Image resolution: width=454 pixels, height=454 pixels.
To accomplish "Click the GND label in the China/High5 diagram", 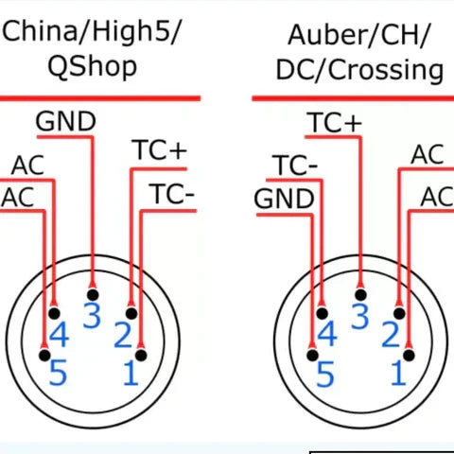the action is (65, 121).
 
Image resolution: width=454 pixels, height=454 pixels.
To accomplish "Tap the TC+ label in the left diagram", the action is (160, 150).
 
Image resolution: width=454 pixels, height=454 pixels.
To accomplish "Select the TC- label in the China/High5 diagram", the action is (172, 194).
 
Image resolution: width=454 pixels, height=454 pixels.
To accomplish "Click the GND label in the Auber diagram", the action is (284, 199).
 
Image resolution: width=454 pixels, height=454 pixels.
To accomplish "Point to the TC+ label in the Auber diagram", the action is (335, 122).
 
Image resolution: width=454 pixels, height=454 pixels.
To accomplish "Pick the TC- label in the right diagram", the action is (295, 166).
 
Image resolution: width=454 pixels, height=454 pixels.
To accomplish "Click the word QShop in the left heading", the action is (92, 67).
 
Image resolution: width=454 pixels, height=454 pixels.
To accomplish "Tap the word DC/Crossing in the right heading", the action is (359, 70).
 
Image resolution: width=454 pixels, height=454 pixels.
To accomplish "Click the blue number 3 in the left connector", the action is (92, 316).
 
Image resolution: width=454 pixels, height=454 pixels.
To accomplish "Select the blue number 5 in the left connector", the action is (58, 374).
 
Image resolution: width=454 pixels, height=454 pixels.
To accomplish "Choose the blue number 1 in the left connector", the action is (131, 374).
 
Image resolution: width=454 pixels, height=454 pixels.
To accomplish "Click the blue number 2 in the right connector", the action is (391, 335).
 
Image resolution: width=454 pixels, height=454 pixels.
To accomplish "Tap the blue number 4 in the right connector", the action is (327, 334).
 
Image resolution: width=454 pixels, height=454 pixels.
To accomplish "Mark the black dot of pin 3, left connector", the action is (93, 295).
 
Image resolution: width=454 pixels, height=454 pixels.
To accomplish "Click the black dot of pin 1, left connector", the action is (141, 356).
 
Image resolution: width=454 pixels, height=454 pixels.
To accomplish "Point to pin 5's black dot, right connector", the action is (312, 356).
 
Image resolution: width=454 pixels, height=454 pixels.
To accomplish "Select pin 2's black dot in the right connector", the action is (399, 314).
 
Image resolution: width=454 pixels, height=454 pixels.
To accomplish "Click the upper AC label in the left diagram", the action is (27, 166).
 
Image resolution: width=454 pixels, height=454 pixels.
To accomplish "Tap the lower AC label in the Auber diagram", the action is (438, 197).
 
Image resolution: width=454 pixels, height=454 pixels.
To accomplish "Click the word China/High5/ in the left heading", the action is (91, 31).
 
